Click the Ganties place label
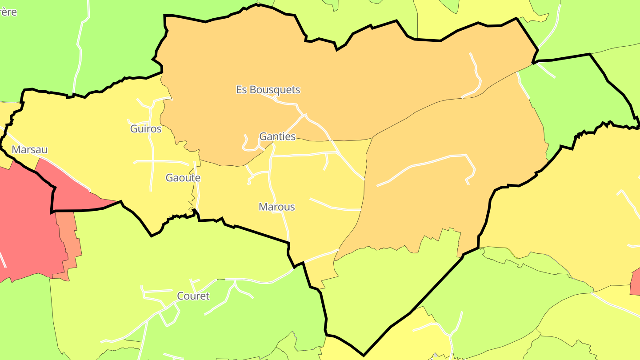pos(277,136)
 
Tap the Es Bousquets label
pos(268,90)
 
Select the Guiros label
pos(146,129)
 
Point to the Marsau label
pos(29,149)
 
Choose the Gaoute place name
pos(183,178)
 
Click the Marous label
pos(276,207)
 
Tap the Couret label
pos(193,296)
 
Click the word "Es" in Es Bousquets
pos(241,90)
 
